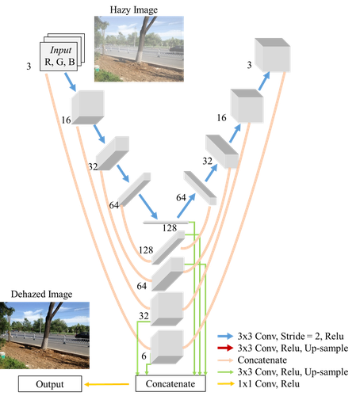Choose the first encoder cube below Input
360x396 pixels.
87,108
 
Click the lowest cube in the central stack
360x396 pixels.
167,347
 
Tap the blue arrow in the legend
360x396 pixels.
225,336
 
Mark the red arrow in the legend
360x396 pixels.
225,348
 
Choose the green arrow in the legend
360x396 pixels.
225,371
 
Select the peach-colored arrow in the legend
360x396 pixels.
225,360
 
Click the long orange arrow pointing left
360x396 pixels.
106,384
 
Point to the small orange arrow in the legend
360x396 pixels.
225,383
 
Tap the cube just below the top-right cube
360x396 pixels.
246,105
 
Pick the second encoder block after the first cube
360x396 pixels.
113,154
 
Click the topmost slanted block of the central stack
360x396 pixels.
167,247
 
